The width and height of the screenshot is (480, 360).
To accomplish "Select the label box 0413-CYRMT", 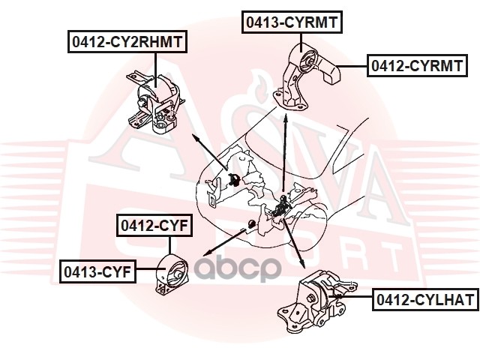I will (x=292, y=22).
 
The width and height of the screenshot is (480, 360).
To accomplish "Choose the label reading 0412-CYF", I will (x=154, y=224).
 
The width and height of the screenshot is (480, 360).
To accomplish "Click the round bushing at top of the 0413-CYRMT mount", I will (x=303, y=59).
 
